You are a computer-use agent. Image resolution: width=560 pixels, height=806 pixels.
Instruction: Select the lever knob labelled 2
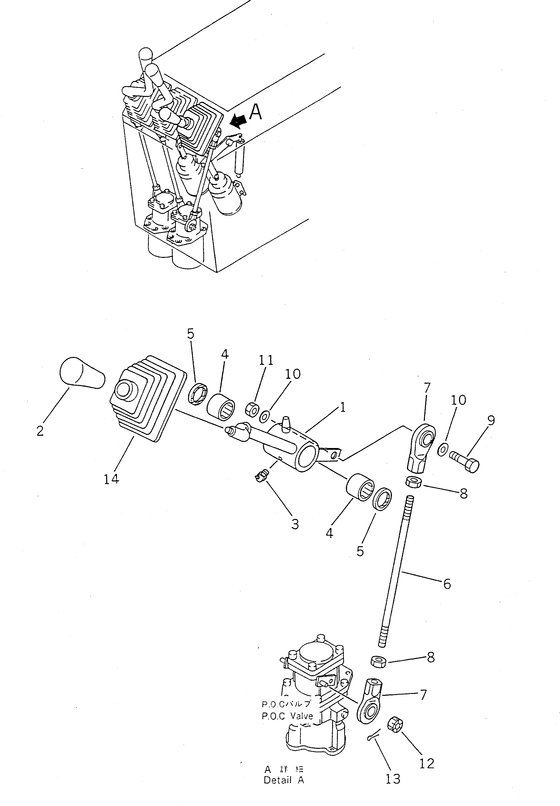82,374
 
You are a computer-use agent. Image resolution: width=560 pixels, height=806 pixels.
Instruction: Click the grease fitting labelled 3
261,476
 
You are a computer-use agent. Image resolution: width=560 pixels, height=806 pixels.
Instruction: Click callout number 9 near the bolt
491,420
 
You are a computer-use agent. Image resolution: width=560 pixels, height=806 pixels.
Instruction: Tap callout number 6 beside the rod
447,584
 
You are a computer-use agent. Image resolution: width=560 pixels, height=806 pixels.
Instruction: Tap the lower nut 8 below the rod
378,661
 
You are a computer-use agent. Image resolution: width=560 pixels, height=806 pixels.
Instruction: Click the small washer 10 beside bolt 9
443,449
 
